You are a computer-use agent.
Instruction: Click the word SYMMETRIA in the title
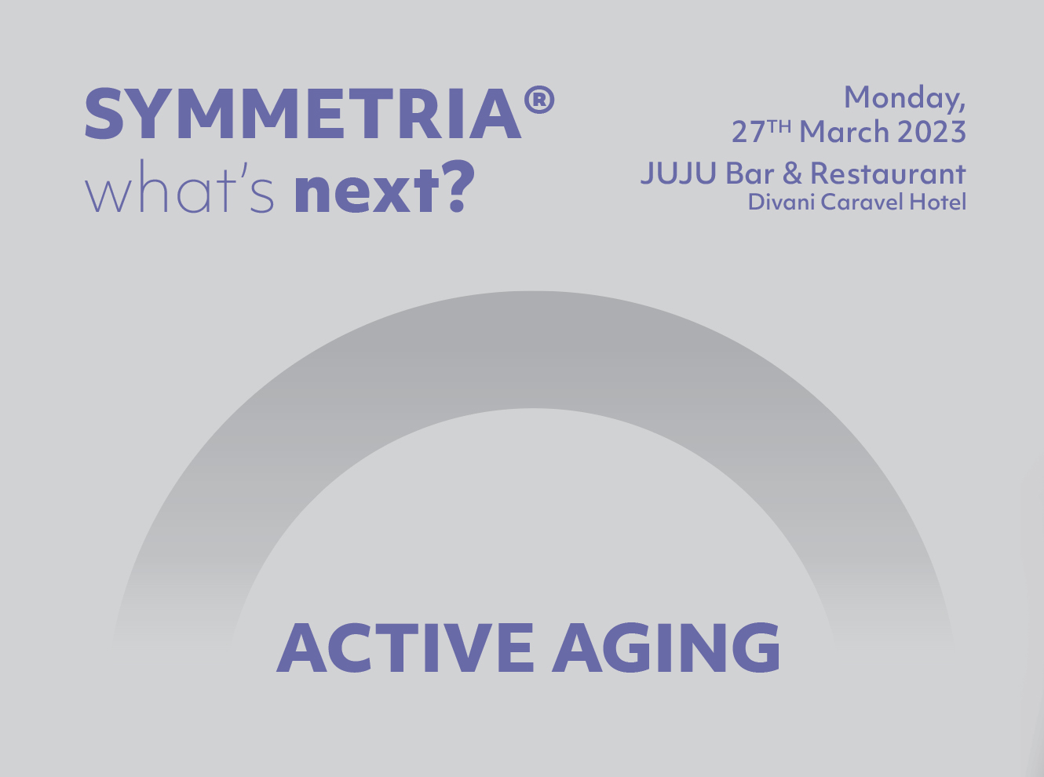(303, 113)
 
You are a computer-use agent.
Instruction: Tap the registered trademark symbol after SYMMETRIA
(539, 100)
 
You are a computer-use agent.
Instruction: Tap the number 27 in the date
(748, 132)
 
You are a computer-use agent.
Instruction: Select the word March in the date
(844, 131)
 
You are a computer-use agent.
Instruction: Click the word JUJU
(679, 173)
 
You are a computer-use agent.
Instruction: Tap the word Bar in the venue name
(750, 173)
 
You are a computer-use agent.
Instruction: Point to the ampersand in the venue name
(792, 173)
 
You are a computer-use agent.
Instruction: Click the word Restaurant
(889, 173)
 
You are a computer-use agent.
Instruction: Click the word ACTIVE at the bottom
(405, 647)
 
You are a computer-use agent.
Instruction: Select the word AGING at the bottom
(666, 647)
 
